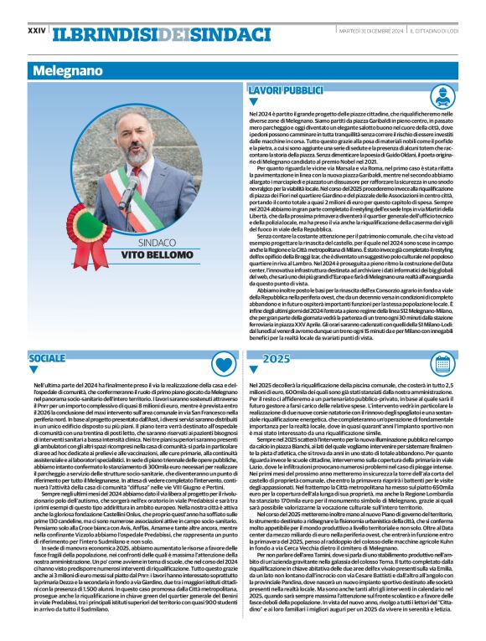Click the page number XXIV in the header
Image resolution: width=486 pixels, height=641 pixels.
click(x=36, y=31)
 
